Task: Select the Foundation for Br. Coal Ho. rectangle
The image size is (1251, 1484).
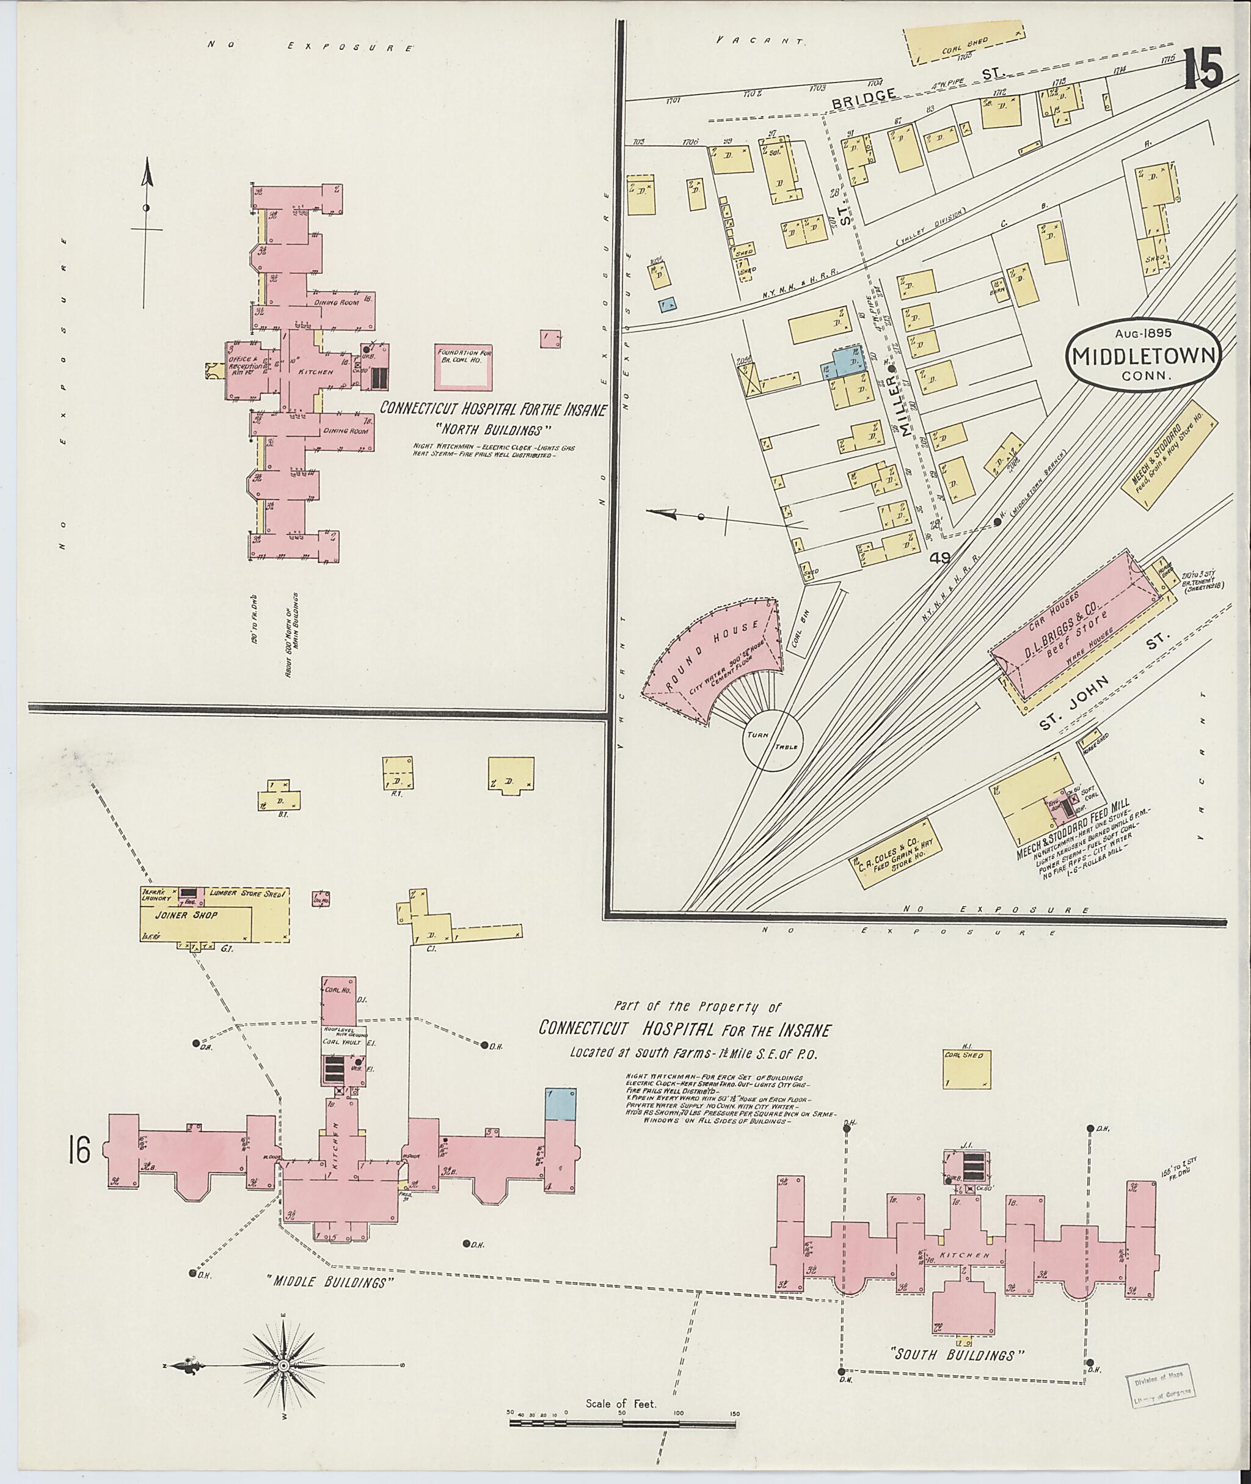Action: pos(463,367)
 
